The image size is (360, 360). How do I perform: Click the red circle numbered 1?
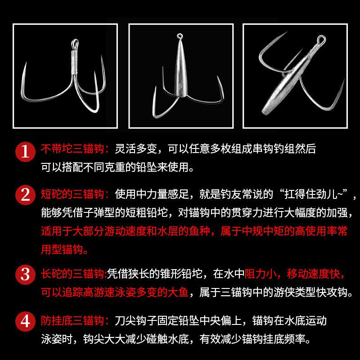click(25, 152)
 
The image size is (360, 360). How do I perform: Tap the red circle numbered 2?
click(25, 195)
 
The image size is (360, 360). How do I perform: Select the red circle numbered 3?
click(25, 274)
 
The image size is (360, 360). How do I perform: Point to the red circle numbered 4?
click(25, 321)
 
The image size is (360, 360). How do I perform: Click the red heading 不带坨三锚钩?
click(72, 149)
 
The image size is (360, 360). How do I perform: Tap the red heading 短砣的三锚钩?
click(72, 194)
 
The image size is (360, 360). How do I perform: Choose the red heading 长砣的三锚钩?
click(72, 274)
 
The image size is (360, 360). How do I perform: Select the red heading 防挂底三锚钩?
click(72, 321)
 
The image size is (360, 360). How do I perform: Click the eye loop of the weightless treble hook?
click(75, 44)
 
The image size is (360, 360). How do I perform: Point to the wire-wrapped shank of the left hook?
click(75, 62)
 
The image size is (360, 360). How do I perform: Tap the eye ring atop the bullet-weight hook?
click(180, 36)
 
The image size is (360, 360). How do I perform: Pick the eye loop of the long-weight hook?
click(321, 40)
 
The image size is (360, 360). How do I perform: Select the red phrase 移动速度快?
click(313, 274)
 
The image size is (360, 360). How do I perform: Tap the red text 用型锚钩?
click(62, 249)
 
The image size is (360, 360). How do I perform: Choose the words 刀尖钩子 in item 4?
click(136, 321)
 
